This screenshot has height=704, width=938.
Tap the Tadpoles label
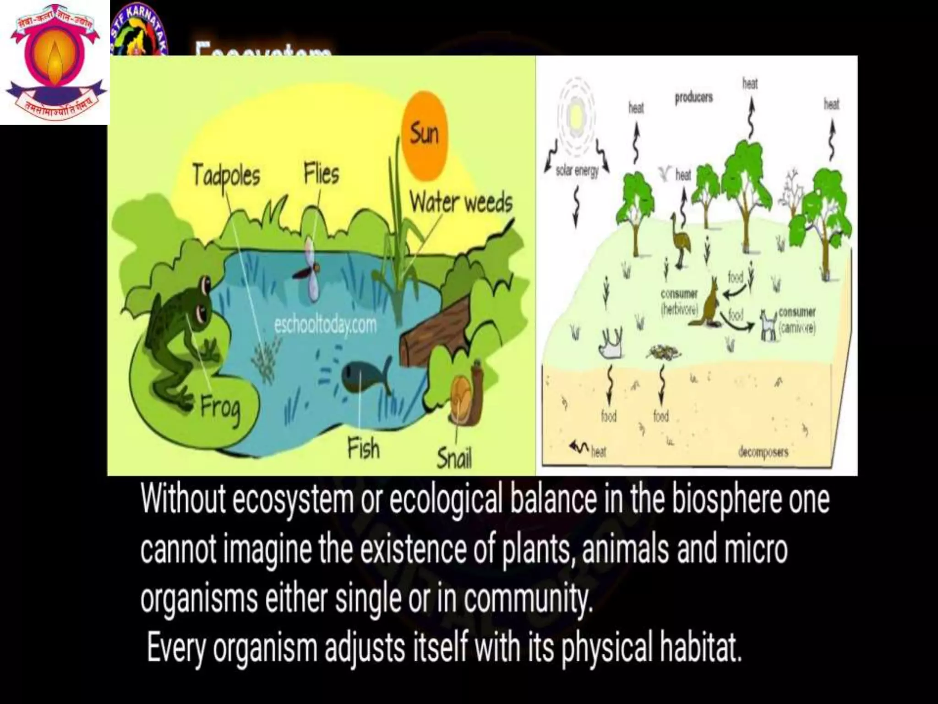point(226,176)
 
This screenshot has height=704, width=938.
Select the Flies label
point(322,175)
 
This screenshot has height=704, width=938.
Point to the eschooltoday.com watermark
point(325,325)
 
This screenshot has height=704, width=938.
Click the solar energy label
point(577,172)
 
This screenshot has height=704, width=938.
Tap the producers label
point(693,98)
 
